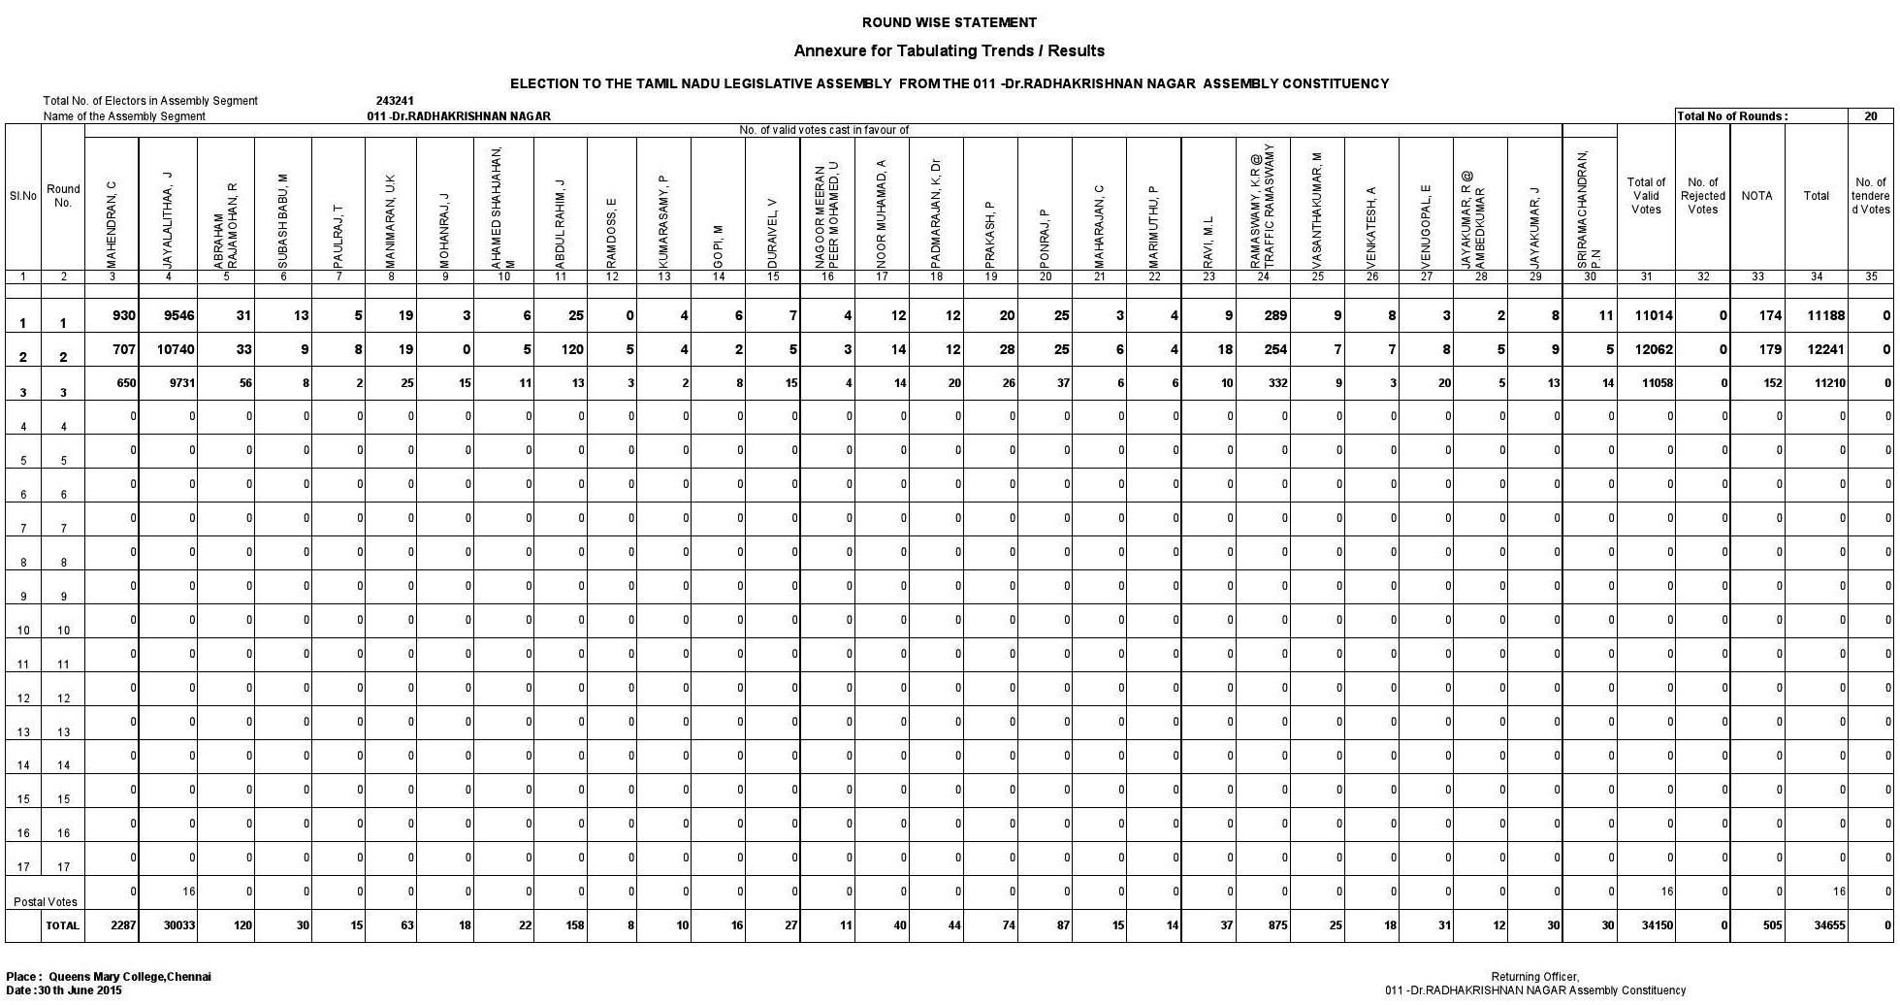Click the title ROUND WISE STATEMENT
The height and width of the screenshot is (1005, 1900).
pos(949,22)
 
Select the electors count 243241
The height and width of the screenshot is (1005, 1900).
pos(395,101)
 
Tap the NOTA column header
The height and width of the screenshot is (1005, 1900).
pos(1756,196)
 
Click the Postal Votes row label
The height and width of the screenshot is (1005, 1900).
pos(45,902)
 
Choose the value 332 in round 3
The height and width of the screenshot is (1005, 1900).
pos(1277,383)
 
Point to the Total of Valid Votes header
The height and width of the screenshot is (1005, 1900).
pos(1646,196)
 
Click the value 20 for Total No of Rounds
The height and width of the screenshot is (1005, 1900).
pos(1870,116)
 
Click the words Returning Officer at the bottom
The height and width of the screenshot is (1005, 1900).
pos(1535,977)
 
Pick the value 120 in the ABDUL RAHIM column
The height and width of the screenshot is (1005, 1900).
pos(572,349)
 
